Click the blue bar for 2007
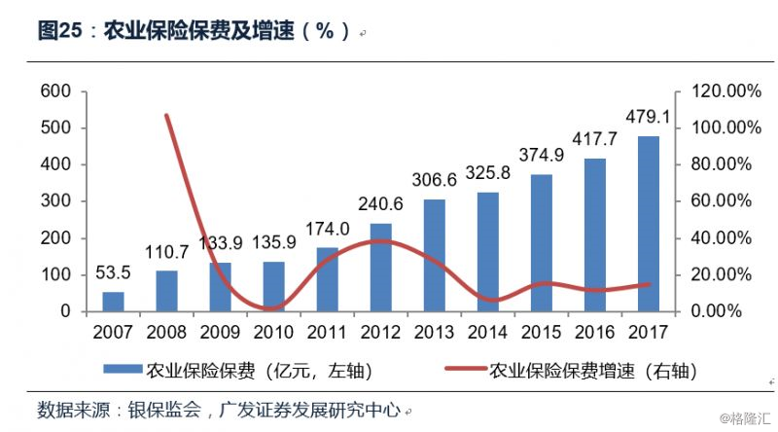click(114, 302)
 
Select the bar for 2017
click(648, 224)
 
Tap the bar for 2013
click(434, 255)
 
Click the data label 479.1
click(648, 118)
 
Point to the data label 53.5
click(114, 272)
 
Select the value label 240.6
click(381, 204)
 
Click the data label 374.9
click(542, 156)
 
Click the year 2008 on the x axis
click(167, 333)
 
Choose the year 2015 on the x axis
click(541, 333)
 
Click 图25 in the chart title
click(59, 31)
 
